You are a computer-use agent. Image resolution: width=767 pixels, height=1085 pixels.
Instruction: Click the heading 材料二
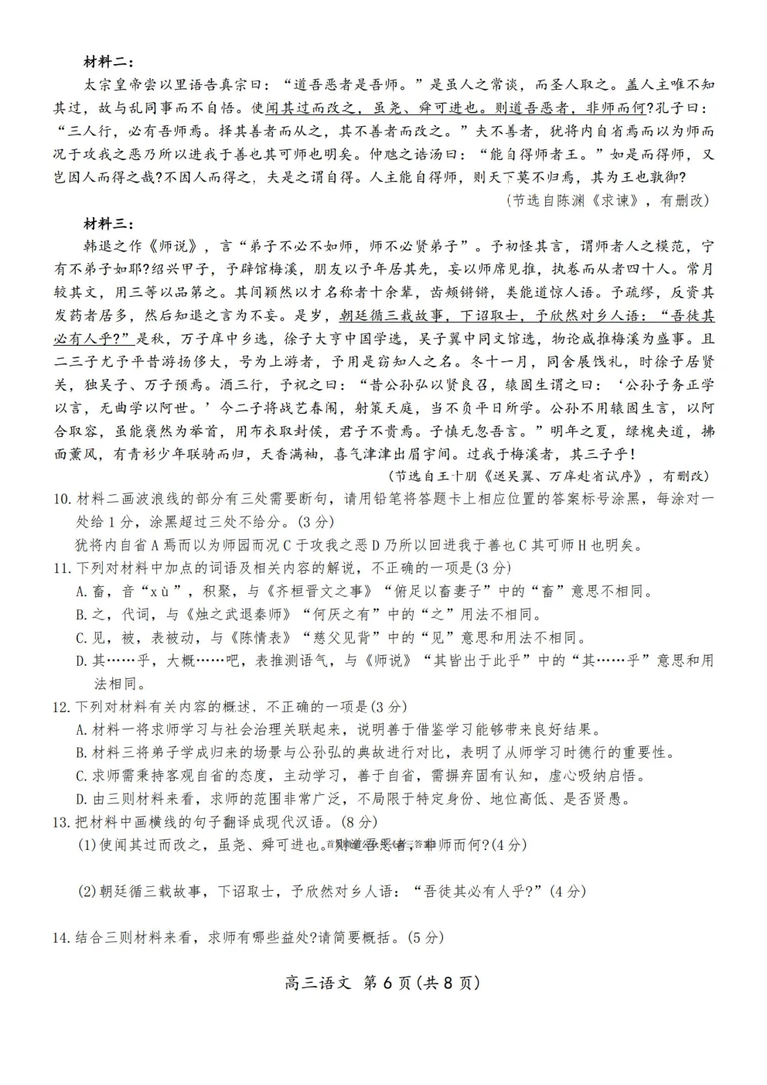109,61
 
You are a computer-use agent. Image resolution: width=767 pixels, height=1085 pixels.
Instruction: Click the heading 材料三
109,224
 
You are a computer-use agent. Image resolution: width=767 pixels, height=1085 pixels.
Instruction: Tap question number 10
62,499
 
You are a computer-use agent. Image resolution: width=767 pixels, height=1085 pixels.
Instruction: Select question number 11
62,568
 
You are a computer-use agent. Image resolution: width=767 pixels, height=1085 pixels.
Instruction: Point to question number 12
62,707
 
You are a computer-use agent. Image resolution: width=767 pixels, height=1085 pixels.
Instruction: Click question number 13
62,822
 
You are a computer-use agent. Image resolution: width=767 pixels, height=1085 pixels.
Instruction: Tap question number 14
62,937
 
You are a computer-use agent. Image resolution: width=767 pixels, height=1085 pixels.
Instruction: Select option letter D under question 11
81,660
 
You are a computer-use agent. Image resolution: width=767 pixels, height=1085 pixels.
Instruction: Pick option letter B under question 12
81,752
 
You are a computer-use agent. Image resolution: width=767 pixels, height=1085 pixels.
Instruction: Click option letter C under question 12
81,776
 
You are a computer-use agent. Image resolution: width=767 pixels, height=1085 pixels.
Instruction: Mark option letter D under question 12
81,799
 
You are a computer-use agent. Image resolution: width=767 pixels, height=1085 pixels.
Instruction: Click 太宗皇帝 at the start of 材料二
114,84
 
